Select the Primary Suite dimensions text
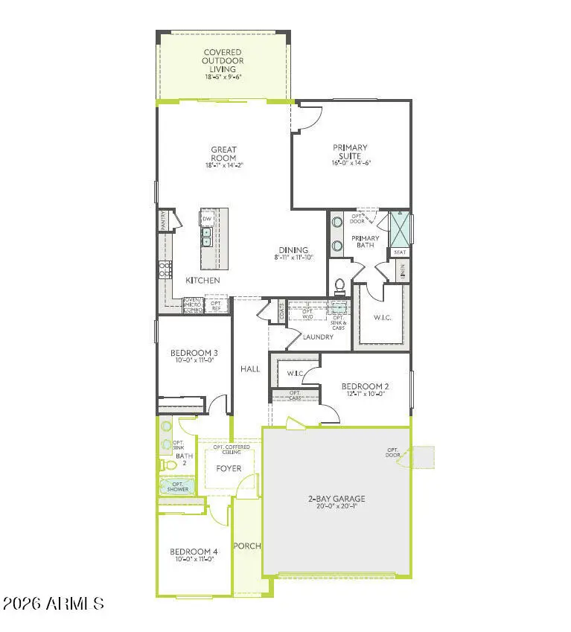351,162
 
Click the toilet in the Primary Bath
340,286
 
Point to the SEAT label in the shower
400,252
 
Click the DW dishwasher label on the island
206,219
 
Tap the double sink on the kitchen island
206,237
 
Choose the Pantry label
162,220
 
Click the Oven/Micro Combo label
193,306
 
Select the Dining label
293,250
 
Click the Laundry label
318,337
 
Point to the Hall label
250,368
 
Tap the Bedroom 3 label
194,353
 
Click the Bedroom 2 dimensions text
365,395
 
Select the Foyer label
229,468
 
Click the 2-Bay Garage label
336,498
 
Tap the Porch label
247,546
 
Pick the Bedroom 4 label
194,550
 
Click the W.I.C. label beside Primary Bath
382,318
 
